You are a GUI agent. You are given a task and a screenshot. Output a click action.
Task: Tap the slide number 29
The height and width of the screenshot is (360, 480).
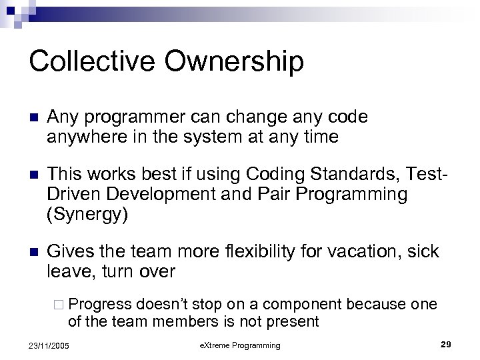tap(447, 344)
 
